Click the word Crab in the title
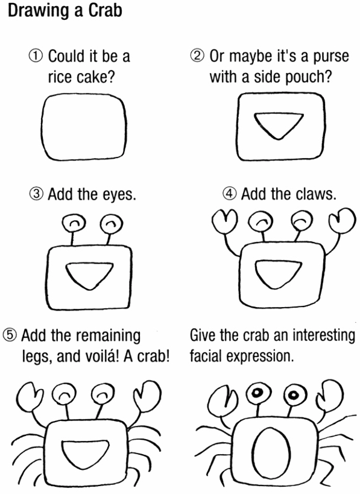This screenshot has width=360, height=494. point(105,11)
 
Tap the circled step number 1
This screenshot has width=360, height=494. point(36,56)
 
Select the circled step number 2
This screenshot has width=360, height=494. point(197,55)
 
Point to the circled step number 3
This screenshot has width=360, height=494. point(36,194)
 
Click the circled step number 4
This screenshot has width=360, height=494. point(230,193)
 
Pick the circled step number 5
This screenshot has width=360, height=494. point(10,335)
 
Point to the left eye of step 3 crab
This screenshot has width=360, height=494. point(74,223)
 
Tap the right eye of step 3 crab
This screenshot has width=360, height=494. point(111,224)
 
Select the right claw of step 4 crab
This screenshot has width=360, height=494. point(342,221)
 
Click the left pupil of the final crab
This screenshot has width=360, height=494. point(257,393)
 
